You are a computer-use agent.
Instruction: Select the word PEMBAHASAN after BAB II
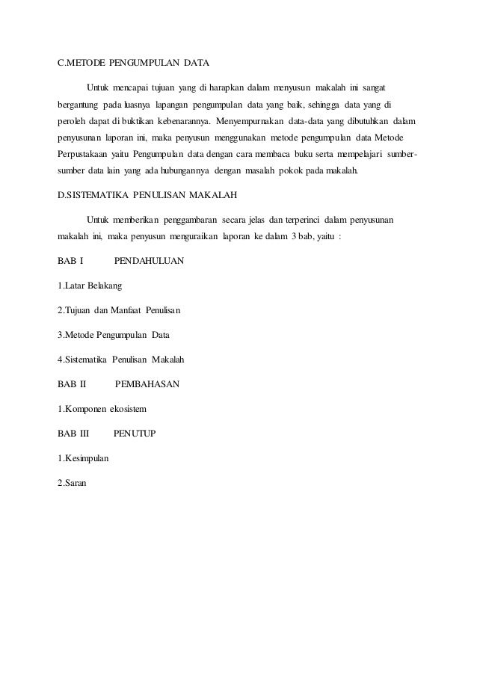click(x=147, y=385)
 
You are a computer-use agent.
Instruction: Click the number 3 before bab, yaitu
click(x=284, y=238)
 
